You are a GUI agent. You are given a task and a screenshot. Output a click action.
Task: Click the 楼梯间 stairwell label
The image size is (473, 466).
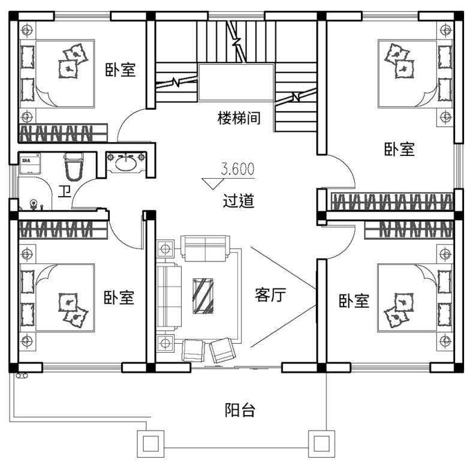[x=239, y=118]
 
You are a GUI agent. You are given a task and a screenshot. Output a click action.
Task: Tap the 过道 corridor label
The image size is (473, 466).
[x=239, y=201]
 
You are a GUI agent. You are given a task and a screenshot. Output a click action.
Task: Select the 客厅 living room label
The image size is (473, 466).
[x=270, y=295]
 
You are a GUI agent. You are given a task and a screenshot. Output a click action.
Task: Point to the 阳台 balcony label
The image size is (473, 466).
[x=240, y=410]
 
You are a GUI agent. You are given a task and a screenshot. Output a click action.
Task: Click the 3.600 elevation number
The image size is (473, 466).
[x=238, y=169]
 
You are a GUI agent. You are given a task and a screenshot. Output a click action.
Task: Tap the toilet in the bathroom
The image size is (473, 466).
[x=74, y=167]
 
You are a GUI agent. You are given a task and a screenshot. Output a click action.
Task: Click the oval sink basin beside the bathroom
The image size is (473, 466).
[x=126, y=164]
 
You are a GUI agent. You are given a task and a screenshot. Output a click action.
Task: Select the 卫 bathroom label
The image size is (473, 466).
[x=65, y=191]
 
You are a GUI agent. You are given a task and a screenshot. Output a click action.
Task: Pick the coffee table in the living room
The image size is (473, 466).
[x=203, y=296]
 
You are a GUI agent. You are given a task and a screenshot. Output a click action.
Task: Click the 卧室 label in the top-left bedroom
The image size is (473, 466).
[x=120, y=70]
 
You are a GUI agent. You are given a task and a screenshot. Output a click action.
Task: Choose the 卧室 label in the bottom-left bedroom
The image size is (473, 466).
[x=119, y=297]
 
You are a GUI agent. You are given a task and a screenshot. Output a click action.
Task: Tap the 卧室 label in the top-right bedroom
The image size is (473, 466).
[x=399, y=149]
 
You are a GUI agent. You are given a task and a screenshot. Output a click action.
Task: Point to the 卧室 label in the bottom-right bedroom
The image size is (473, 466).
[x=354, y=300]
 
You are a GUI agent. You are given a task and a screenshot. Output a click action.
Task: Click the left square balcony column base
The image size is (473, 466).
[x=151, y=444]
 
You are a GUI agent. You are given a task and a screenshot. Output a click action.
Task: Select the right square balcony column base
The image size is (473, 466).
[x=321, y=444]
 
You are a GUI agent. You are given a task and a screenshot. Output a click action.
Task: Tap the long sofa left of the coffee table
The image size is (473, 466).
[x=169, y=295]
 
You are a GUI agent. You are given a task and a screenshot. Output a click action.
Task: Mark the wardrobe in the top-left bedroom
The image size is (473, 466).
[x=64, y=133]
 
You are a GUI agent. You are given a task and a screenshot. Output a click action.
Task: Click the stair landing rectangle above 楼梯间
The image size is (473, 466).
[x=236, y=82]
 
